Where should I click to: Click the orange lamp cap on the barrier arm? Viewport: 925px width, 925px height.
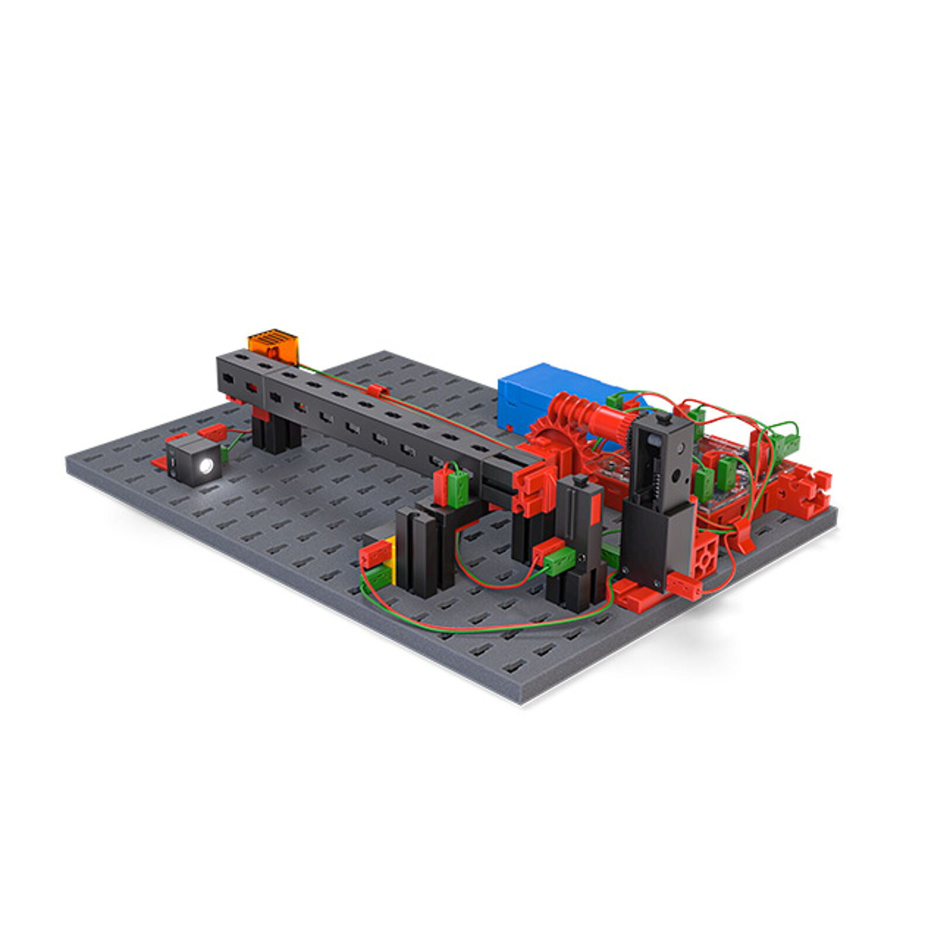click(x=274, y=346)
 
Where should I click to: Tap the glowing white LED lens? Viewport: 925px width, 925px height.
click(x=206, y=465)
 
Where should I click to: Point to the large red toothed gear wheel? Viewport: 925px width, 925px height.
click(x=547, y=445)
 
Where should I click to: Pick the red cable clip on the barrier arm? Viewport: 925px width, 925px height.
click(x=377, y=390)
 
